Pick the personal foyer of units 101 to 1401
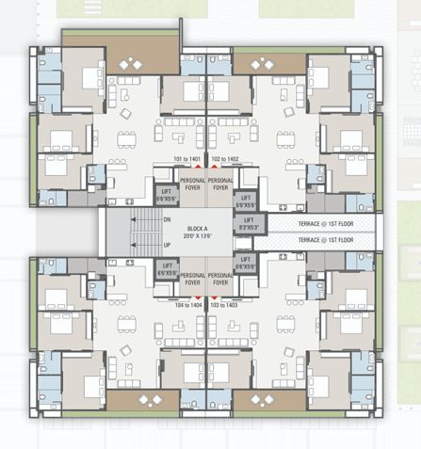pos(193,184)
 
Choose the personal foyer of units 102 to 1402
pos(220,184)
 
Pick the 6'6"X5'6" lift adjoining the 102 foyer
pos(246,200)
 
